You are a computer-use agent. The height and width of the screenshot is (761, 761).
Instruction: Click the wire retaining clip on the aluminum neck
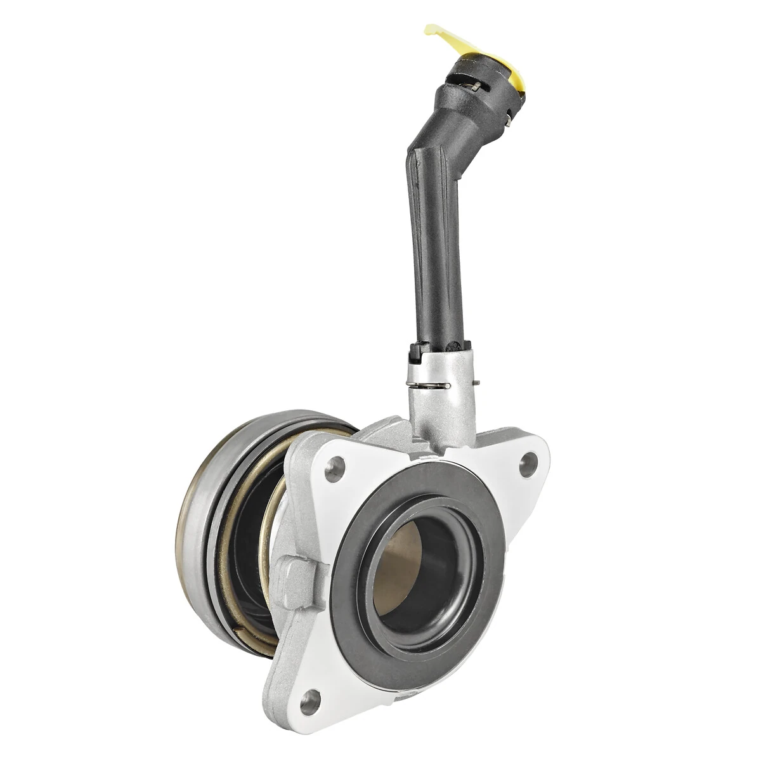[x=431, y=385]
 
